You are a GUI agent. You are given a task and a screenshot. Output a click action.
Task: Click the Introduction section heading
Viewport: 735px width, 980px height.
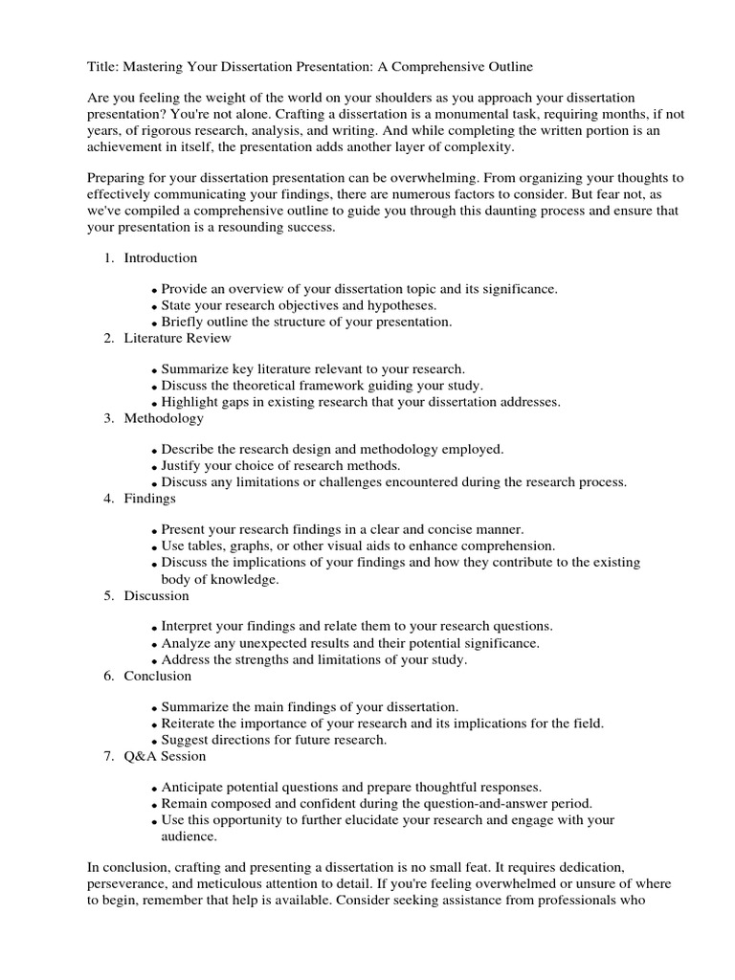point(160,257)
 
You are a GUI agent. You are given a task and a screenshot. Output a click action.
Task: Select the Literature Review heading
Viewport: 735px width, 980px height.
point(177,338)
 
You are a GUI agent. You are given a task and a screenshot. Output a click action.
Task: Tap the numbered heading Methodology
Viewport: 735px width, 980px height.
point(164,418)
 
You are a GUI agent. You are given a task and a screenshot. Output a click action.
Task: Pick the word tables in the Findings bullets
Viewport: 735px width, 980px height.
point(209,546)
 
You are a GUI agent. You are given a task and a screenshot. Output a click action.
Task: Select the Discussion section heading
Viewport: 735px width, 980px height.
point(157,595)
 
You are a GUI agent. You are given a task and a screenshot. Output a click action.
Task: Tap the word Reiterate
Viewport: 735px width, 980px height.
point(191,724)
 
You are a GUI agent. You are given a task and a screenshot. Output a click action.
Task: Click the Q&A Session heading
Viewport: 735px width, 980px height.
point(165,756)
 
